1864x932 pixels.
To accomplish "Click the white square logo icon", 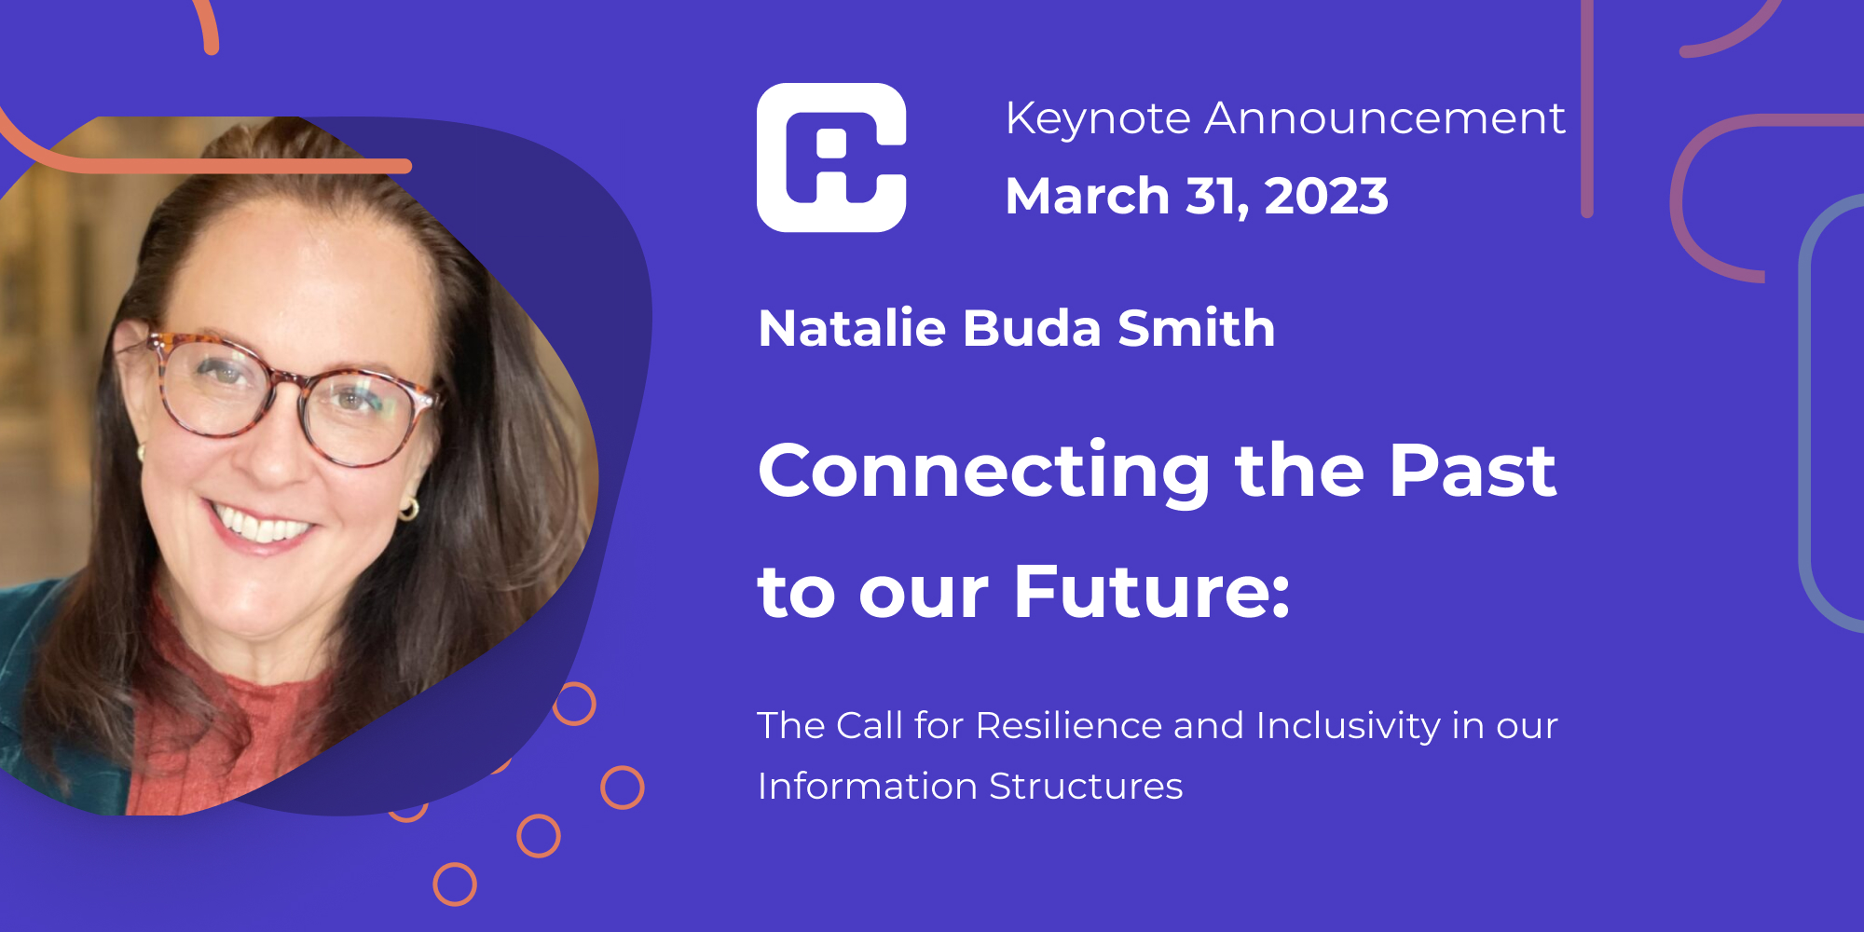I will tap(831, 158).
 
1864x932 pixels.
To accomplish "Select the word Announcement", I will tap(1385, 119).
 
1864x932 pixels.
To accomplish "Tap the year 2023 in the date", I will tap(1326, 197).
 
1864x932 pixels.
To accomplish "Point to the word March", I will tap(1087, 197).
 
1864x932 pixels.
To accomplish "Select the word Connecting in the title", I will tap(984, 472).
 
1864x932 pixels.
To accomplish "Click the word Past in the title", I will tap(1473, 470).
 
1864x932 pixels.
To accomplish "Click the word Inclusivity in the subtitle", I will tap(1349, 726).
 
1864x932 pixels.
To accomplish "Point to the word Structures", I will tap(1086, 787).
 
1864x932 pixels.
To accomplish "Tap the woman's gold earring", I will tap(409, 508).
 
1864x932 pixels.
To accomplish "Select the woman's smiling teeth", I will tap(261, 525).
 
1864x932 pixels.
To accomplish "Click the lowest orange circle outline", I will tap(455, 884).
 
